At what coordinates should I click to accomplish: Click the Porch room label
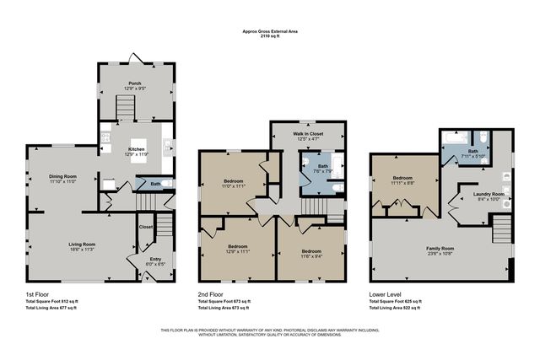(x=134, y=83)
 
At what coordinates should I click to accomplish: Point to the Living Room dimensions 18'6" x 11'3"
(x=82, y=250)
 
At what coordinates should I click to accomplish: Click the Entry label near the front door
(x=155, y=259)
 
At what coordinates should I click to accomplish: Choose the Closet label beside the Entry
(x=146, y=226)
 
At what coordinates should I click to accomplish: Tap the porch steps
(x=126, y=108)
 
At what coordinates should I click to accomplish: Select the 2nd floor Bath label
(x=322, y=166)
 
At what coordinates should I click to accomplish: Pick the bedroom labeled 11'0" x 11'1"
(x=234, y=185)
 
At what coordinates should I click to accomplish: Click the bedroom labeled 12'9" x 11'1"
(x=240, y=230)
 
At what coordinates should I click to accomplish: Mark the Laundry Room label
(x=489, y=194)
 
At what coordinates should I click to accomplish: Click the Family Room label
(x=440, y=248)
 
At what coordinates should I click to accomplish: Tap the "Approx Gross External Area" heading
(x=270, y=32)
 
